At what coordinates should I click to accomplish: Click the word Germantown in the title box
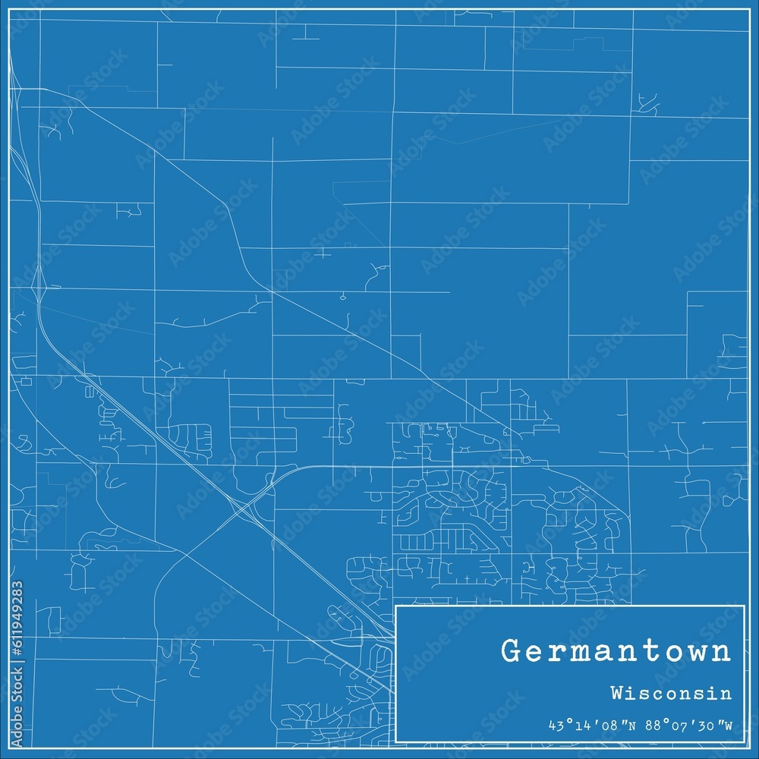pos(616,652)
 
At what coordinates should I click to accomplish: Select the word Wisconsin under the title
pos(670,694)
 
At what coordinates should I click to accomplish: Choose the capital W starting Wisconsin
pos(616,694)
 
